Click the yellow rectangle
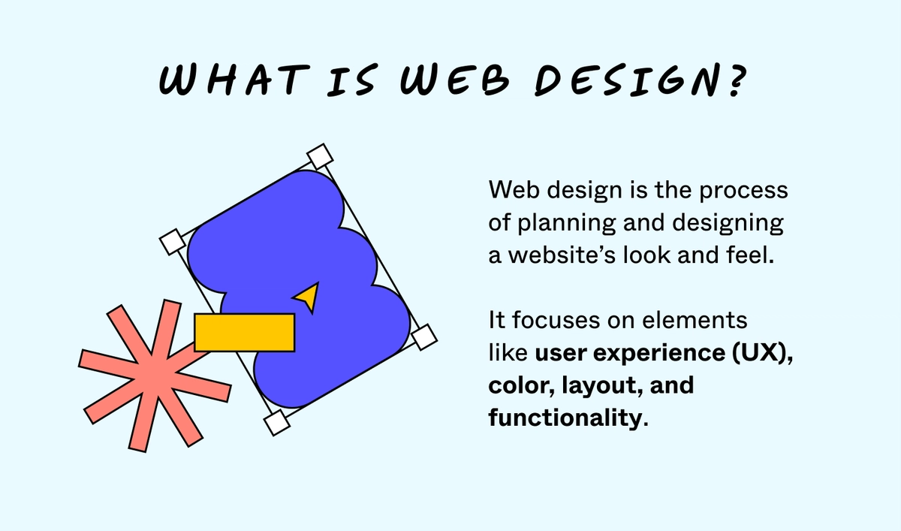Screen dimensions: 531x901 [244, 332]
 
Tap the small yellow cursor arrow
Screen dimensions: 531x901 [308, 297]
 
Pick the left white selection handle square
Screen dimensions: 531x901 [173, 243]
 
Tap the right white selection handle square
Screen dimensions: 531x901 [424, 336]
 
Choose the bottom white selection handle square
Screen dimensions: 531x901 [277, 422]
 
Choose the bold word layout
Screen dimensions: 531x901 [598, 387]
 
